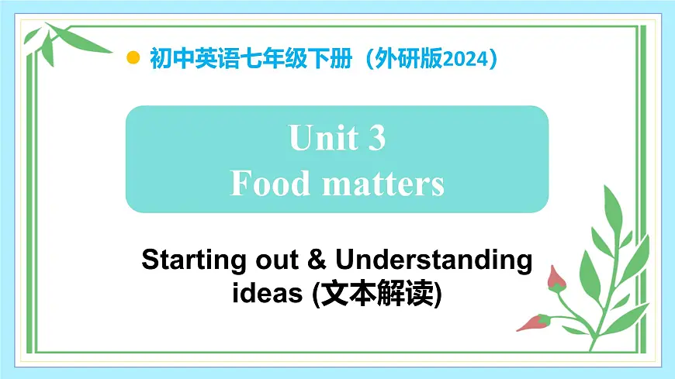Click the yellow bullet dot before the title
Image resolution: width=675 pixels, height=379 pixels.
[x=133, y=58]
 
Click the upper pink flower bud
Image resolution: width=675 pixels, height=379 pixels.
[x=556, y=278]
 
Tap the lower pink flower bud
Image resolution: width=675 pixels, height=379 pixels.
[x=533, y=322]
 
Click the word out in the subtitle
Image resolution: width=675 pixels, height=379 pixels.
[x=274, y=260]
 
